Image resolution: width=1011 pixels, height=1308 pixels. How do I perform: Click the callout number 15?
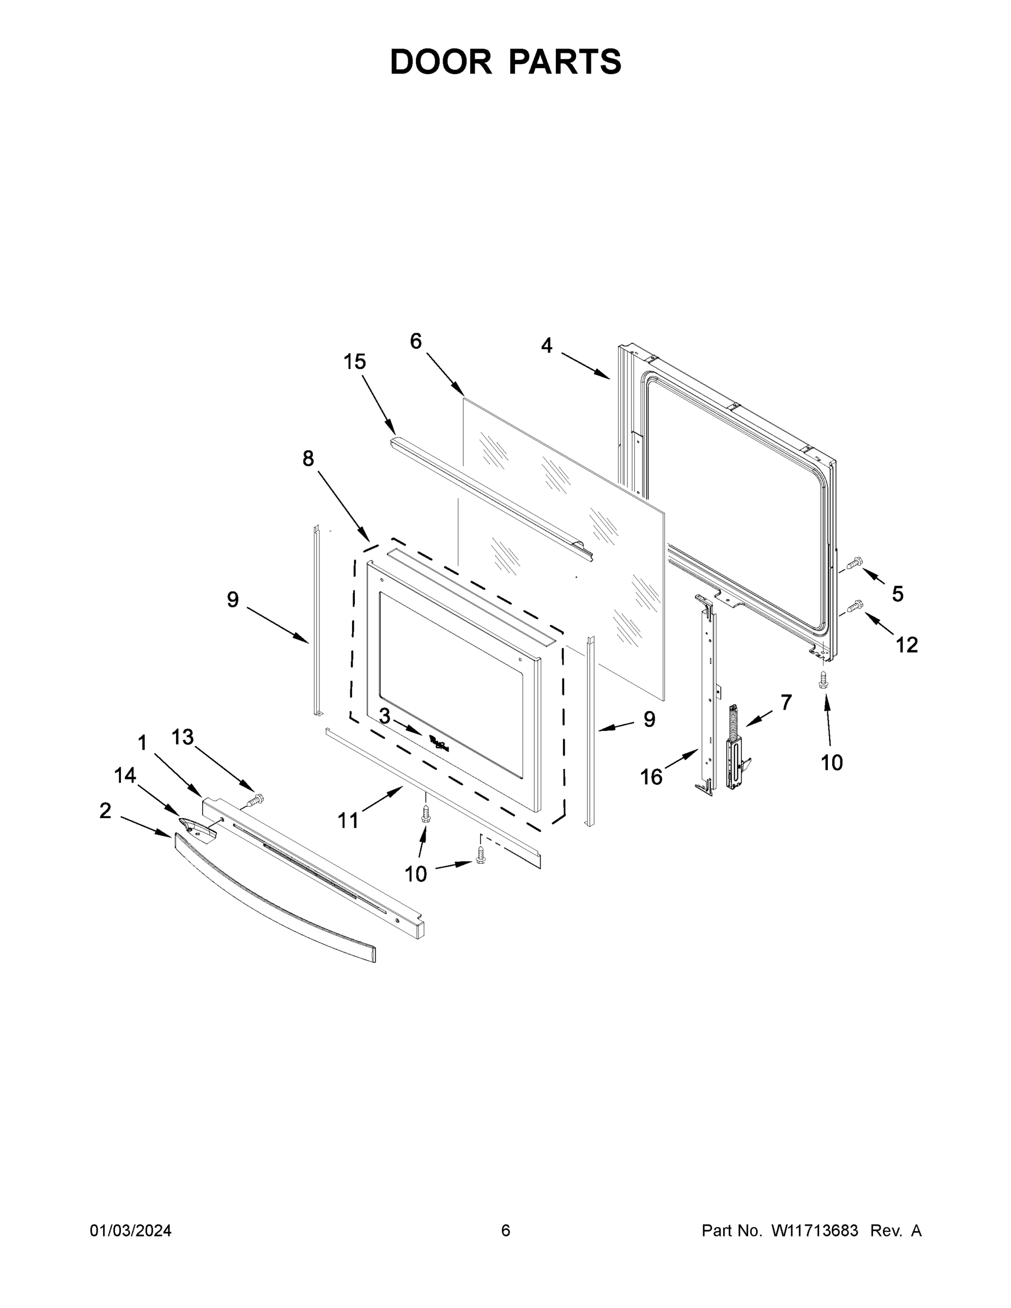(355, 362)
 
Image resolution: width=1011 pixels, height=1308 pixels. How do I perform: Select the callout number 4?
(546, 346)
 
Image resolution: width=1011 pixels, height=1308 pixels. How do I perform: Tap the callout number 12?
(907, 645)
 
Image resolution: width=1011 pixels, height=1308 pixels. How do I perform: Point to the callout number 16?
(651, 777)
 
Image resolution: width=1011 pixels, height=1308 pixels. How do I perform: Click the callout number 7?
(786, 701)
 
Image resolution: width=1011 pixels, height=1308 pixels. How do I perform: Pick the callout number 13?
(183, 737)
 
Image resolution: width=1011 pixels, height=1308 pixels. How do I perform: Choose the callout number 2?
(105, 811)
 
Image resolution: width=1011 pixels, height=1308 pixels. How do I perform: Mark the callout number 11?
(348, 820)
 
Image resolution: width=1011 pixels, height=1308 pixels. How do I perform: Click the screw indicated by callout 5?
(855, 562)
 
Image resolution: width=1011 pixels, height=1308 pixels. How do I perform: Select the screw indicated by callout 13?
(256, 800)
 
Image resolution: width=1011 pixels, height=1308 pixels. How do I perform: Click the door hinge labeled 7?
(735, 749)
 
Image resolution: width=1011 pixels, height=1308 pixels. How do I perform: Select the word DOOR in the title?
(441, 62)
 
